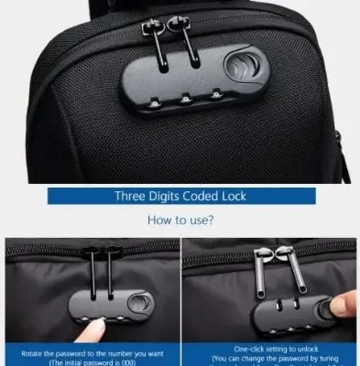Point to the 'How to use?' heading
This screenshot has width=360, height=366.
(x=180, y=220)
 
